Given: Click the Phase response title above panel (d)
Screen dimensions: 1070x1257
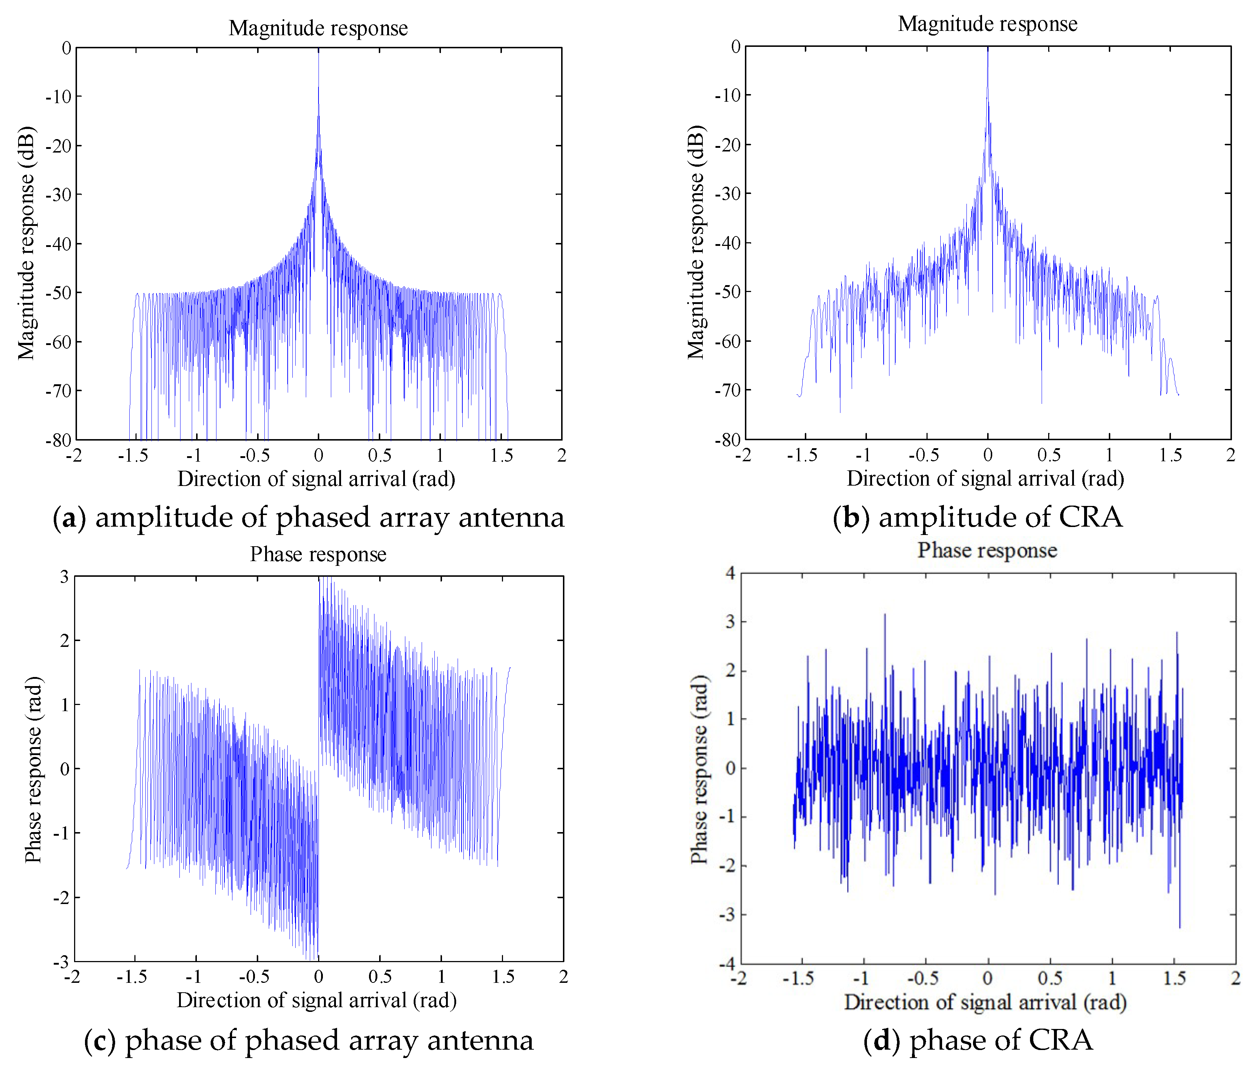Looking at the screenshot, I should click(987, 550).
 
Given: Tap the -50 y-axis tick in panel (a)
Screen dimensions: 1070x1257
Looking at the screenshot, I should click(59, 292).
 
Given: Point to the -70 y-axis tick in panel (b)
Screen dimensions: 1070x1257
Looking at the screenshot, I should click(728, 390).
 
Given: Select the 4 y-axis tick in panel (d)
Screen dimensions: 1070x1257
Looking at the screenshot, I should click(729, 573).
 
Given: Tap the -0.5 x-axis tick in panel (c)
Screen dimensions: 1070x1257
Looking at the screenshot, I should click(255, 977).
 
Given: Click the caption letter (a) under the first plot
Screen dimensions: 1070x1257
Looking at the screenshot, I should click(65, 518).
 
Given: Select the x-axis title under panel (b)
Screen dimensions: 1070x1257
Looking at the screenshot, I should click(985, 479).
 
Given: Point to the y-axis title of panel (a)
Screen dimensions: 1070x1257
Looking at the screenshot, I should click(26, 243).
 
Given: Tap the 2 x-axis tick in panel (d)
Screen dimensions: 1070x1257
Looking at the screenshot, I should click(1235, 978).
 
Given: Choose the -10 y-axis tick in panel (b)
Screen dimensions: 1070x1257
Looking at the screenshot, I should click(728, 95).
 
